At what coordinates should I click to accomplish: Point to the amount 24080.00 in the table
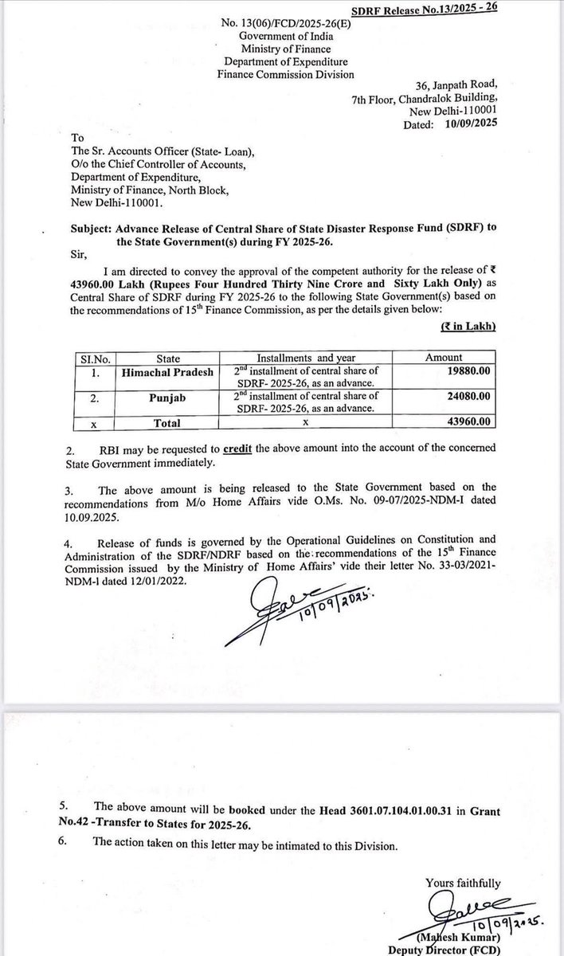[x=471, y=396]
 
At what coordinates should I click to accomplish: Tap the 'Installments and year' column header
[x=306, y=358]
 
